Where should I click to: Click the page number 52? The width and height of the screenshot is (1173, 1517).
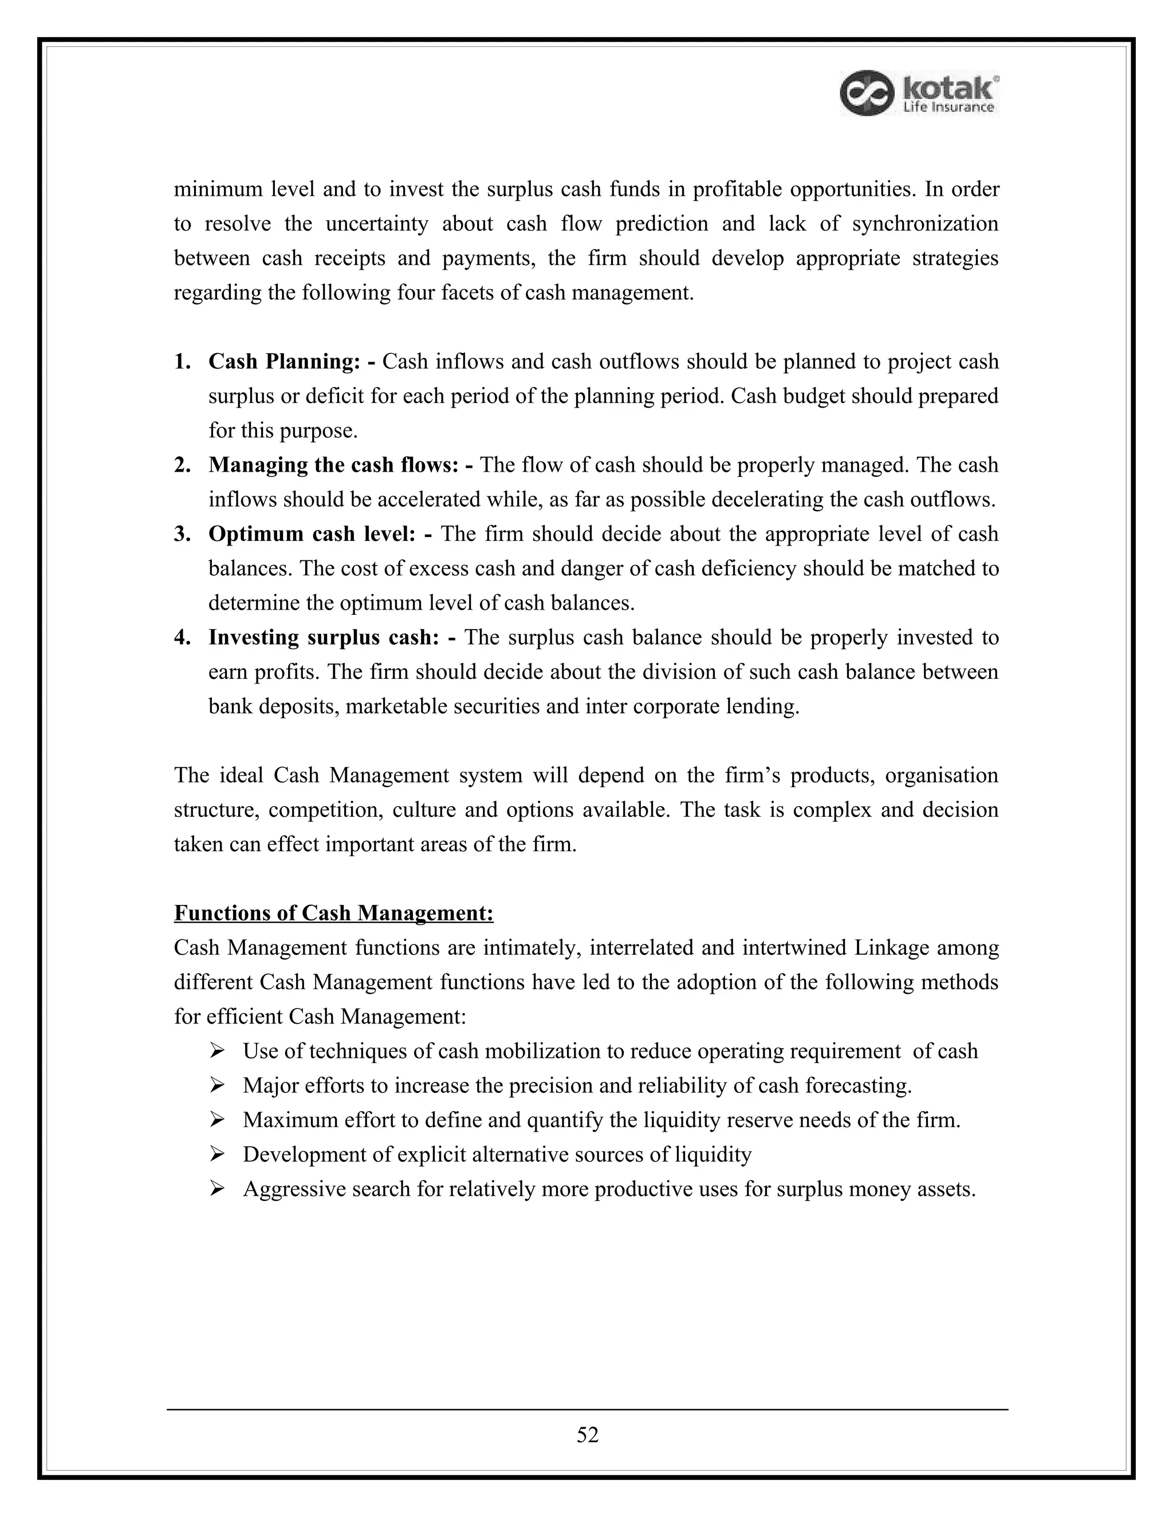coord(587,1435)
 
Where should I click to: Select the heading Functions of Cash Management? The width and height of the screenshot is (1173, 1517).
coord(333,912)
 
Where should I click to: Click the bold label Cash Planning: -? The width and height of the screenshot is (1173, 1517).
coord(293,362)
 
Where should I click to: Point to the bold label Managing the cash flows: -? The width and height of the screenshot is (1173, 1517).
coord(341,465)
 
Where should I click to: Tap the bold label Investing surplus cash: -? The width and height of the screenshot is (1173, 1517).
coord(332,638)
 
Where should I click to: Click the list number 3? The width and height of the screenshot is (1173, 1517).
coord(182,534)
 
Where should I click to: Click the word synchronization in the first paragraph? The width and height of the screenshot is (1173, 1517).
coord(925,224)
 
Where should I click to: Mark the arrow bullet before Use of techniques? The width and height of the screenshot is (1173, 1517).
coord(217,1052)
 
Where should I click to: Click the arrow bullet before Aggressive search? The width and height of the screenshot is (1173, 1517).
coord(217,1189)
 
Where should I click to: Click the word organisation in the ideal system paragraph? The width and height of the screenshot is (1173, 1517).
coord(942,775)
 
